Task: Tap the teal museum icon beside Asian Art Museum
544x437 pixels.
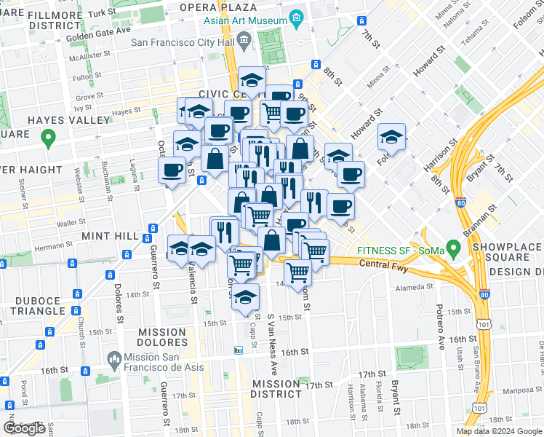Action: tap(296, 17)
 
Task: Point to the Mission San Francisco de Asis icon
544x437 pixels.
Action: tap(113, 358)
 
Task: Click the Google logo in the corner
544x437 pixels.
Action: tap(24, 428)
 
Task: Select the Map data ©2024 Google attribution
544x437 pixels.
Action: tap(499, 431)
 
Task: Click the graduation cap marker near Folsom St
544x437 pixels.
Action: tap(391, 138)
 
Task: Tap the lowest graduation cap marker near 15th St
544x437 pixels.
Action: tap(247, 298)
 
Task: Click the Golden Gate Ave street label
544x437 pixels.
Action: tap(98, 31)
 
